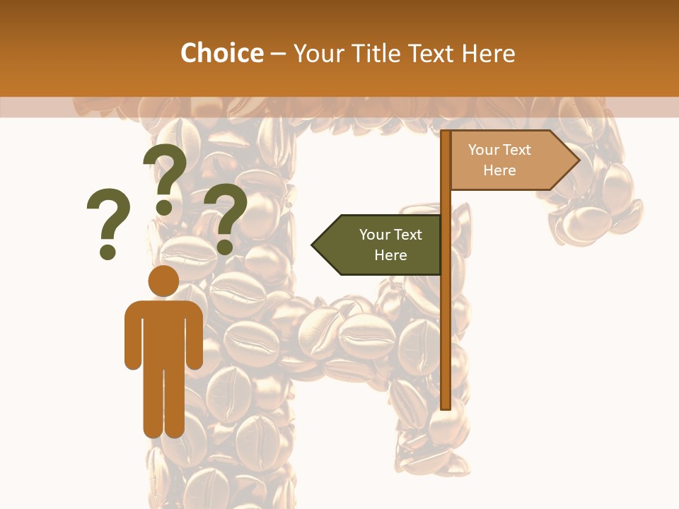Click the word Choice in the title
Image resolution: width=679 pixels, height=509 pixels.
[221, 54]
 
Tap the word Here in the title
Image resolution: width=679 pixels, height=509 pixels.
[488, 54]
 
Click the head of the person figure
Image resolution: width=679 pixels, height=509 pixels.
[163, 281]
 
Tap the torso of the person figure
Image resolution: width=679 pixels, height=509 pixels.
[163, 332]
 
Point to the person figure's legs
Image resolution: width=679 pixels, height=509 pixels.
[163, 403]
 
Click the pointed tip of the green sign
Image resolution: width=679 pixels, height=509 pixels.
[315, 245]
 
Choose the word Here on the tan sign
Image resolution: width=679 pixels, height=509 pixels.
[499, 170]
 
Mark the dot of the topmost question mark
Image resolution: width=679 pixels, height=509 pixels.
[164, 206]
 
